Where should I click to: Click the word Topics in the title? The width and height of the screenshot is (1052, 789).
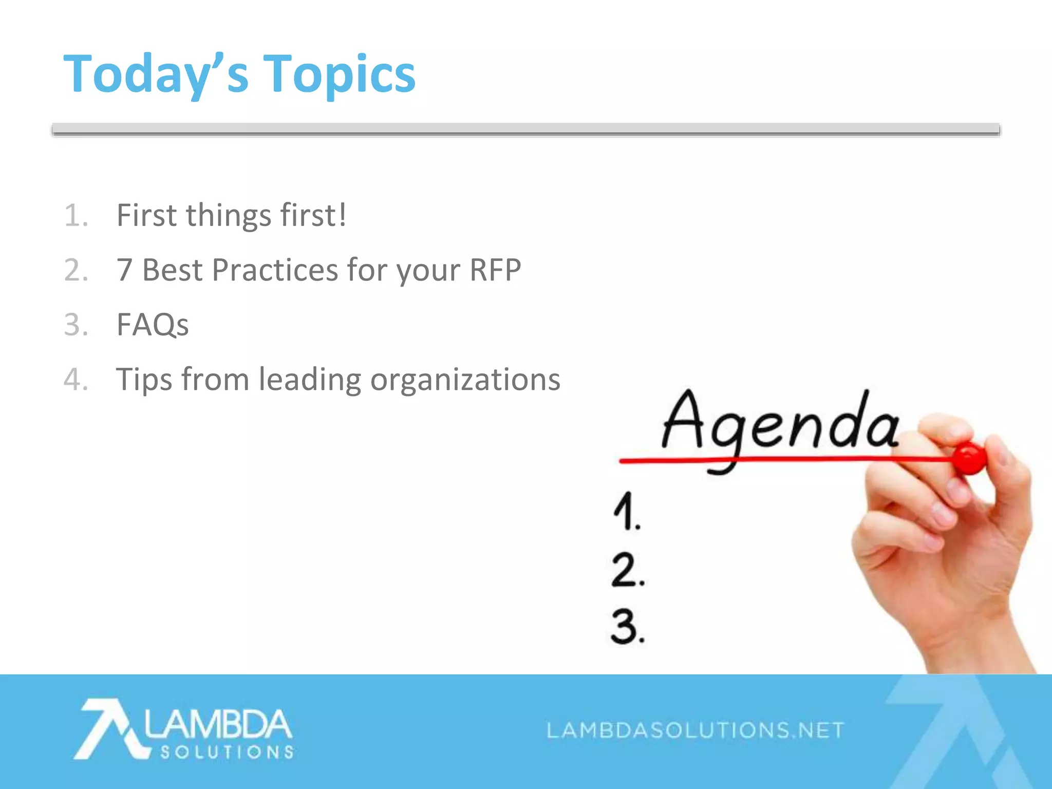click(x=339, y=74)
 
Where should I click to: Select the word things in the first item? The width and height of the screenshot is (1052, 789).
click(x=228, y=215)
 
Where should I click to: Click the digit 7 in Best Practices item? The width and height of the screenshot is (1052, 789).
click(x=124, y=270)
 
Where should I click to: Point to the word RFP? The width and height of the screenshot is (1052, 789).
click(x=495, y=270)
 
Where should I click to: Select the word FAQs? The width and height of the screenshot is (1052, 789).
click(x=153, y=325)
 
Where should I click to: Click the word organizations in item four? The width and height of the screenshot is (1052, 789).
click(x=465, y=380)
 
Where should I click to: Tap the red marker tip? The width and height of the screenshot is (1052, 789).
click(x=970, y=457)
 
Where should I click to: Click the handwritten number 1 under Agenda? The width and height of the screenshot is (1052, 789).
click(x=626, y=511)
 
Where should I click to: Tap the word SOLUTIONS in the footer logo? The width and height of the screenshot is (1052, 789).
click(x=227, y=753)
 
